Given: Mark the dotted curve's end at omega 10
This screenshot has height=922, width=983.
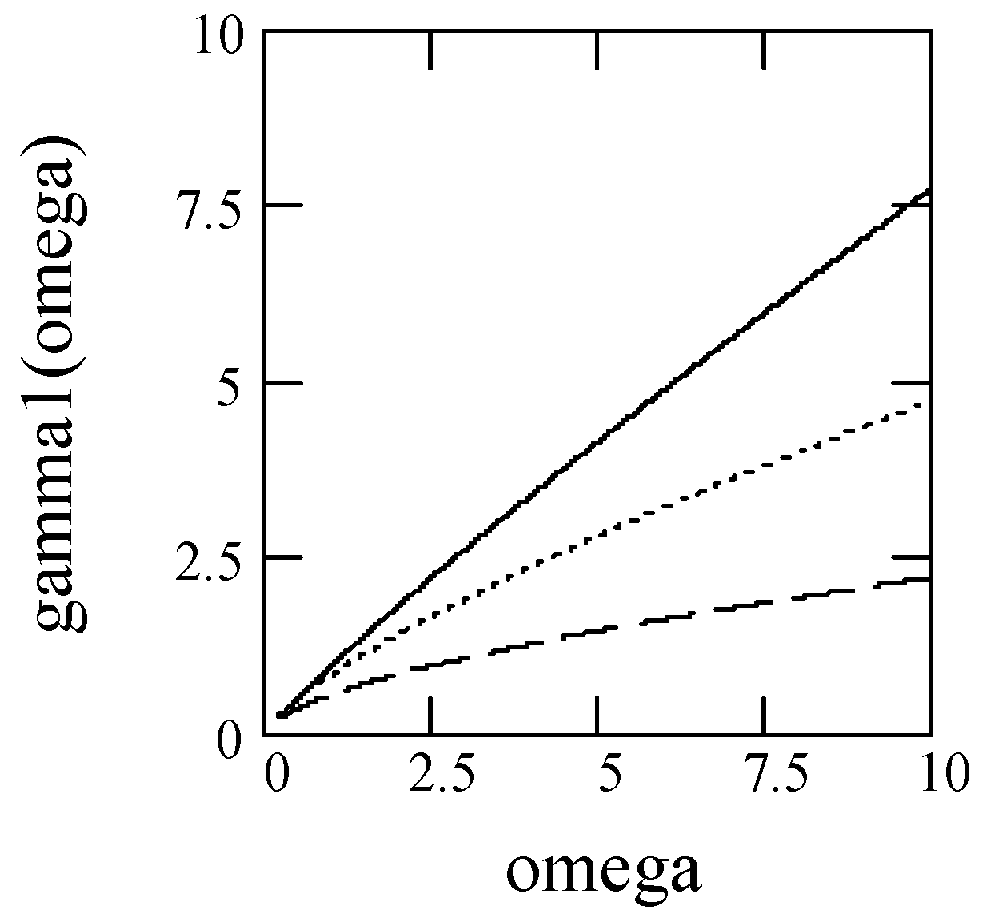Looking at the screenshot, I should click(926, 405).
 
